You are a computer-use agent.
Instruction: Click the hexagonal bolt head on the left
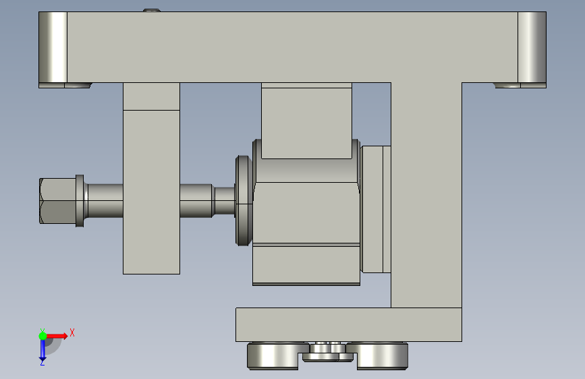point(58,201)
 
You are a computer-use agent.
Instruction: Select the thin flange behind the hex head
point(80,201)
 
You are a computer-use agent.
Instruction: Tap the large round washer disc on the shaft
point(244,201)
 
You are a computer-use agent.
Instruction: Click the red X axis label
point(72,332)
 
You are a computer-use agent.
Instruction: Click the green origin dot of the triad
point(43,336)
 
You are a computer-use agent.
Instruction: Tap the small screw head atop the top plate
point(152,10)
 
